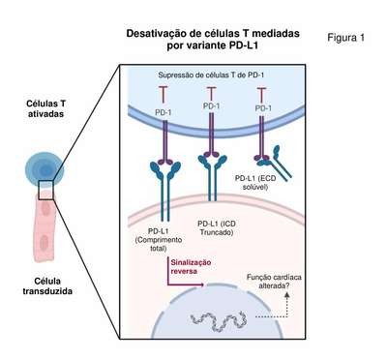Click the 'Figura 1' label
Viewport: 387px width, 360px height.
click(x=345, y=38)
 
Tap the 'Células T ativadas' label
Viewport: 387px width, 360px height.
click(x=45, y=108)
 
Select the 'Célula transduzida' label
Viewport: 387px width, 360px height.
click(x=47, y=285)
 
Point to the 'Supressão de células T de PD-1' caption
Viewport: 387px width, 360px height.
click(x=211, y=75)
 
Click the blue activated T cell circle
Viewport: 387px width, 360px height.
click(x=45, y=169)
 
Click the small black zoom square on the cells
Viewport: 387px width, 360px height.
click(x=46, y=190)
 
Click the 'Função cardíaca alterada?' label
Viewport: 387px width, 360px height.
click(x=274, y=282)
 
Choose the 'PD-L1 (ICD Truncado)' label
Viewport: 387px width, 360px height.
click(x=217, y=227)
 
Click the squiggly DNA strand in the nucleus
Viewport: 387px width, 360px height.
click(x=218, y=320)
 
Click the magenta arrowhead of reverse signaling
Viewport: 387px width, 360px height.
click(x=202, y=285)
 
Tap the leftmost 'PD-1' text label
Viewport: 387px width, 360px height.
click(x=163, y=112)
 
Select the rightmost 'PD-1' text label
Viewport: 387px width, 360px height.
click(x=263, y=108)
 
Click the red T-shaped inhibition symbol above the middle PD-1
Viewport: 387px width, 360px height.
click(x=211, y=93)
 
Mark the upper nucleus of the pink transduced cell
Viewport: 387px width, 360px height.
click(x=45, y=208)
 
